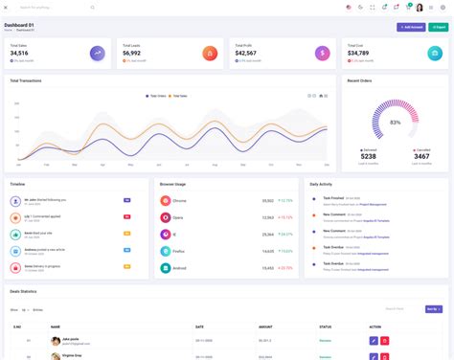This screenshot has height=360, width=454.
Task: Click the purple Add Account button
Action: point(412,27)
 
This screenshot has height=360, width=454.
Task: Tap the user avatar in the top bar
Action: point(420,7)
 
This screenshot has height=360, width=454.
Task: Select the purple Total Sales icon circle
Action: point(99,54)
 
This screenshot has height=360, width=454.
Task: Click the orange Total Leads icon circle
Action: point(210,54)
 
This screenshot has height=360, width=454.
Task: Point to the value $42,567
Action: point(245,54)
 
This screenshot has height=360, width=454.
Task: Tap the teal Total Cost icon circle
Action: point(434,54)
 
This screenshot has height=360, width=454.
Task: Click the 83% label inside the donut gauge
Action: point(395,123)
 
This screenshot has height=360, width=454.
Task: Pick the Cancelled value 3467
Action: point(421,156)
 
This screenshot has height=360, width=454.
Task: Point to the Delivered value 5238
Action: point(369,156)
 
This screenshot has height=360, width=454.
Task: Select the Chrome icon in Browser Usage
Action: point(166,201)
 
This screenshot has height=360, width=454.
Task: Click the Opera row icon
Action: point(166,217)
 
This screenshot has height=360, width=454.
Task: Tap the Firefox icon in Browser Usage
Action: point(166,250)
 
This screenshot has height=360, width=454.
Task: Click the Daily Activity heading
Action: point(322,183)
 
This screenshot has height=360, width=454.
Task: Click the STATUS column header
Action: point(326,326)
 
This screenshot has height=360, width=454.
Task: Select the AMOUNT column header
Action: point(265,326)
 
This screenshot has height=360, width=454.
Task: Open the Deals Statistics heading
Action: point(24,290)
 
